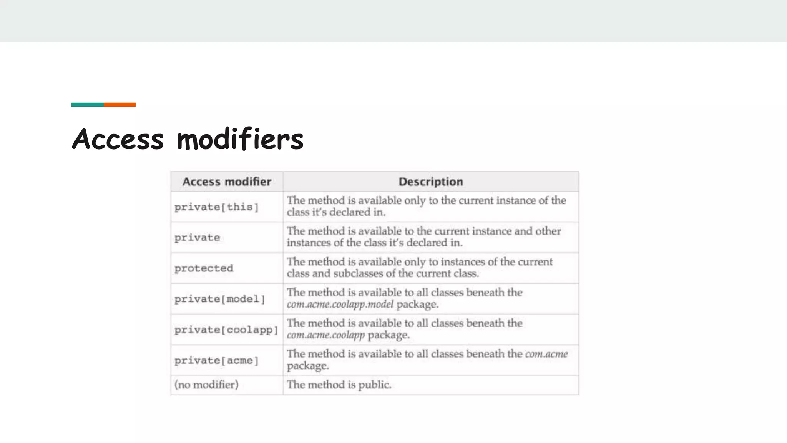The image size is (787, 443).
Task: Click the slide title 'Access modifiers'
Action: (x=188, y=139)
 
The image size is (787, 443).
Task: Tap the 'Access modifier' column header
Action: (x=227, y=182)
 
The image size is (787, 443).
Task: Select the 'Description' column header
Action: (x=430, y=182)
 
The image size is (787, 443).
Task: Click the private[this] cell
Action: (x=216, y=207)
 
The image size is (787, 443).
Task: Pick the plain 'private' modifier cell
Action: (x=197, y=238)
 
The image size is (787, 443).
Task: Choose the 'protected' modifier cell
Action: (x=204, y=268)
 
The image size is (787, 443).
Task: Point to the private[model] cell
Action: (x=219, y=299)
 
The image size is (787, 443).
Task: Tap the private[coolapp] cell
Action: (x=226, y=330)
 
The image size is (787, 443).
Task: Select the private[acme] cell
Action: (x=216, y=361)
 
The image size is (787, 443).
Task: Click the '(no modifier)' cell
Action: (x=206, y=385)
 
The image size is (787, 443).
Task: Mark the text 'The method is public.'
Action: (x=339, y=385)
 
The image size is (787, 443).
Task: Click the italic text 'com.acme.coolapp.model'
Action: (x=340, y=305)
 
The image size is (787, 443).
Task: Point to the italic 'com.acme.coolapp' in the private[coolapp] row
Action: (x=325, y=335)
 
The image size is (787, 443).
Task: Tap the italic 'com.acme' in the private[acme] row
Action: (x=546, y=354)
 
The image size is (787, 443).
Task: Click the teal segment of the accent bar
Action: (x=88, y=105)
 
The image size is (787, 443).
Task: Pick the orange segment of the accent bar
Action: (x=120, y=105)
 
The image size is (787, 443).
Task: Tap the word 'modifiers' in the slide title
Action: (x=240, y=139)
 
